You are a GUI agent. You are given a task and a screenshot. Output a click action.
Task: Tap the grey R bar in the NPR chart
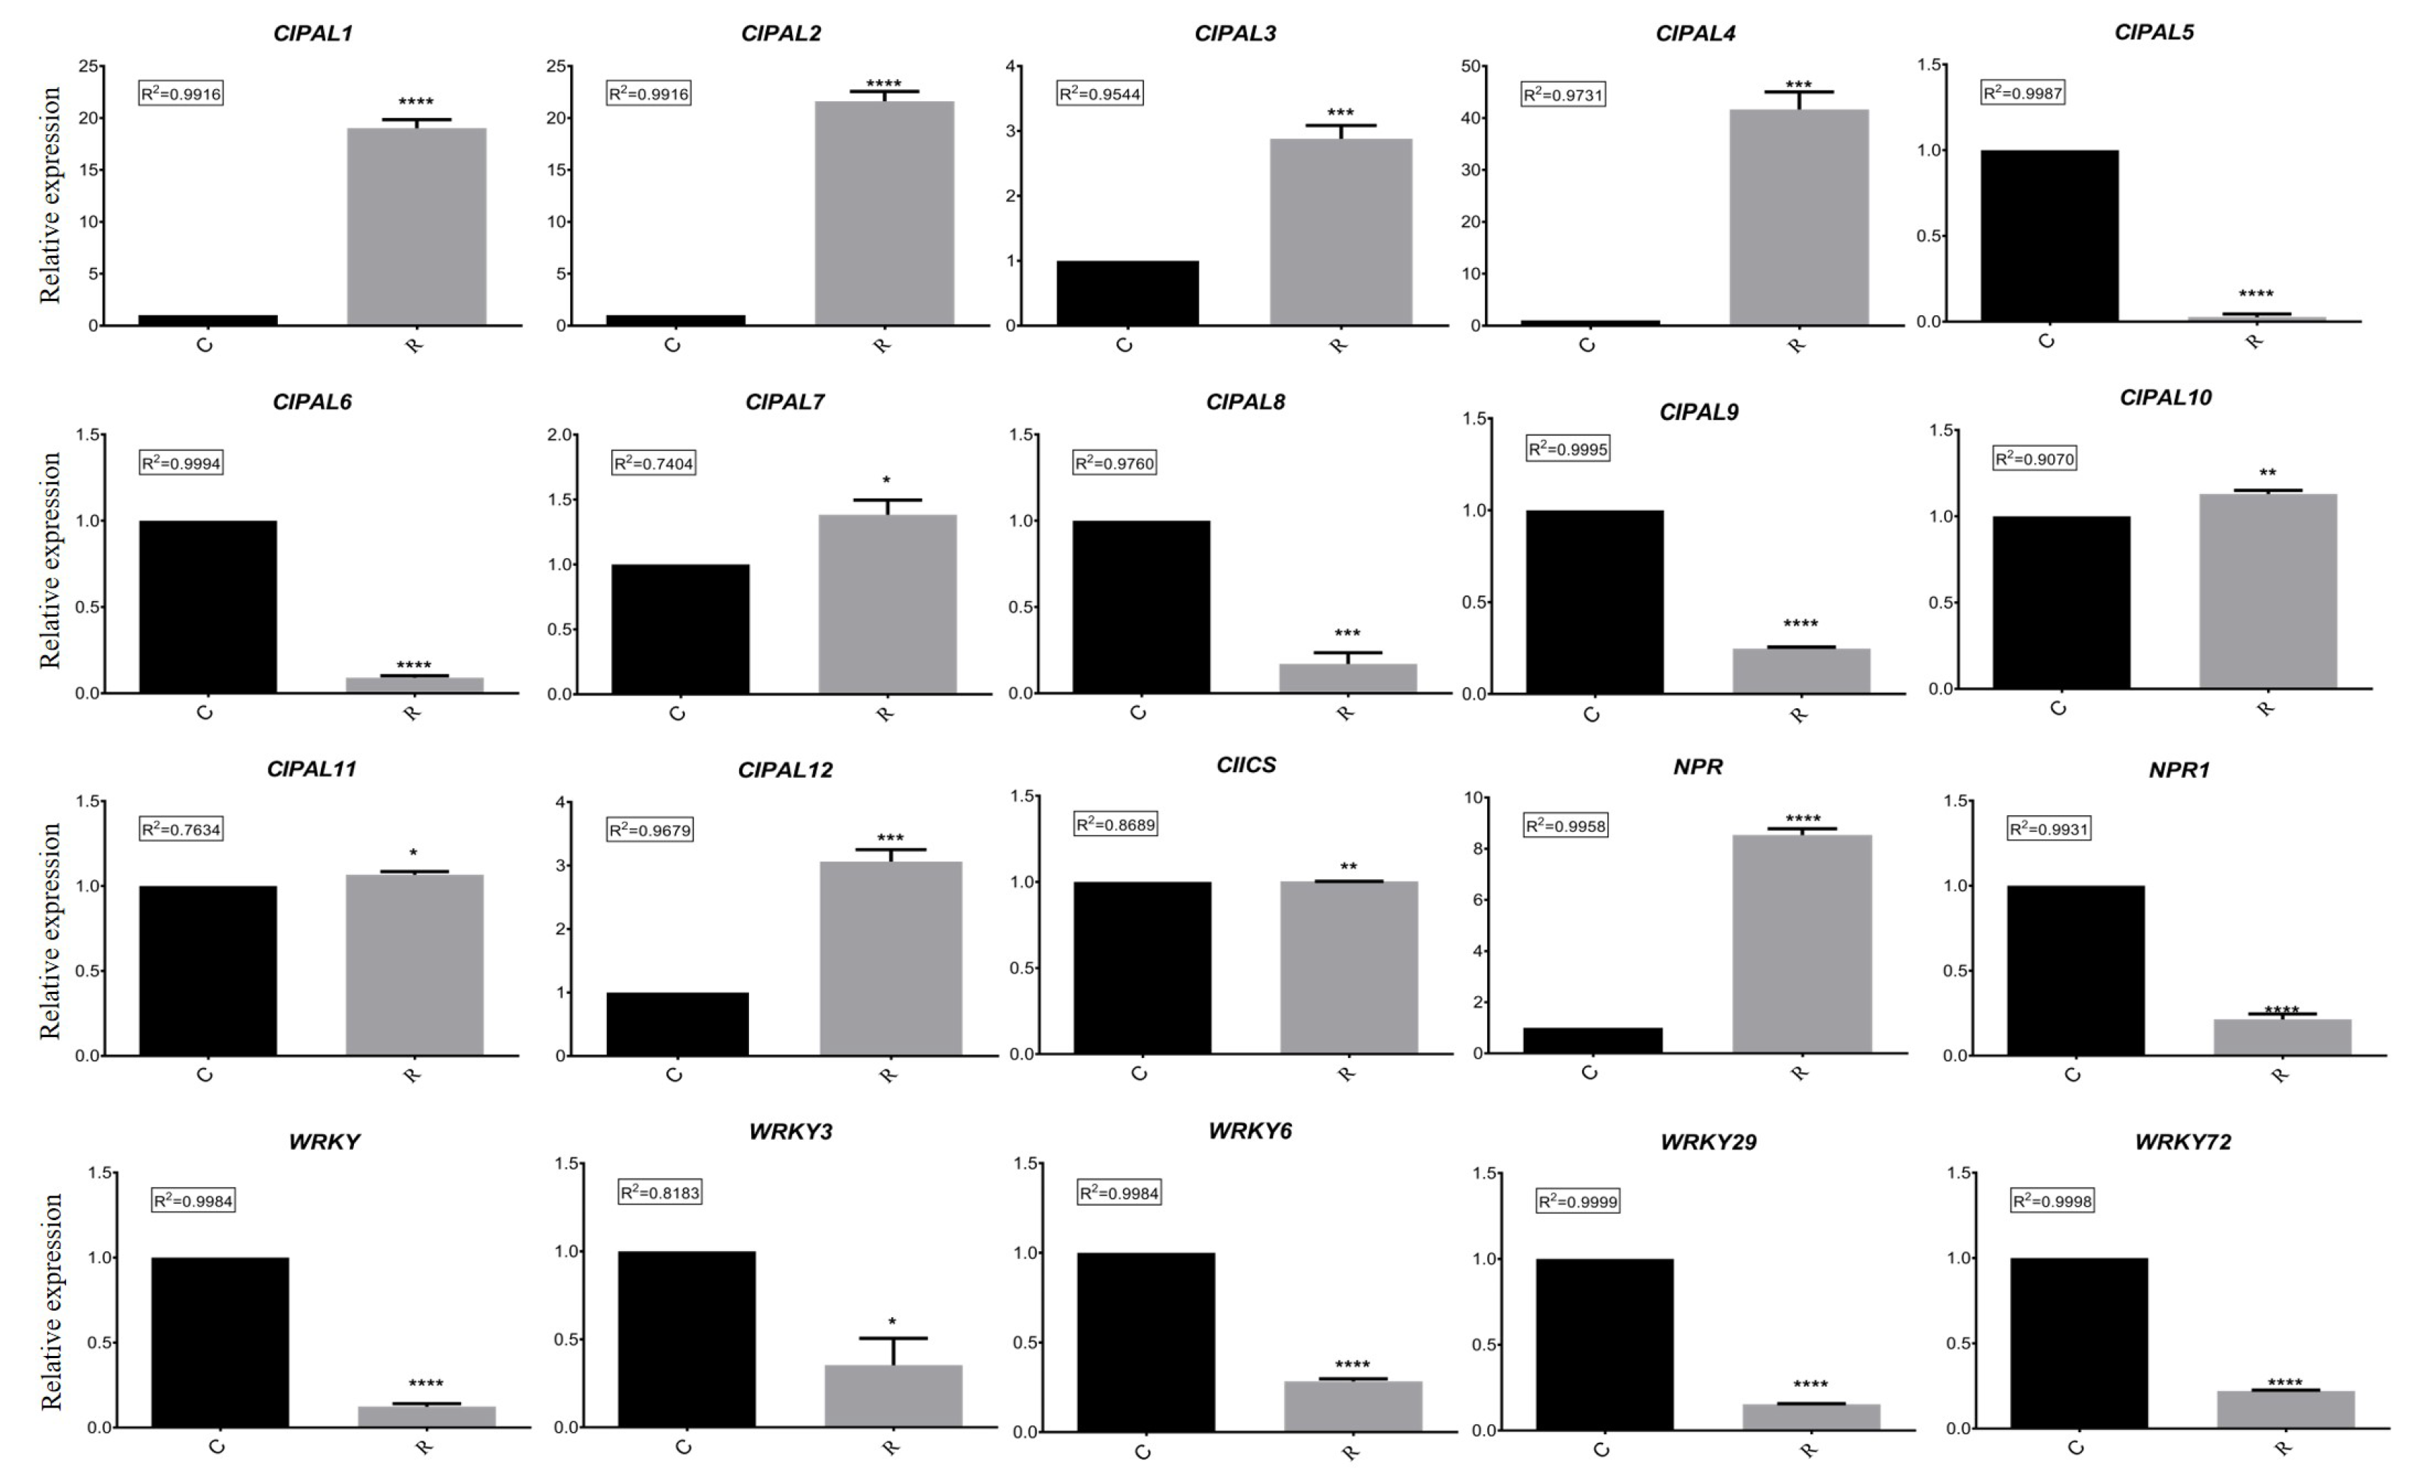point(1802,943)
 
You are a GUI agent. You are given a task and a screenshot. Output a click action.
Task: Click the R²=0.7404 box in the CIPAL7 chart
point(654,463)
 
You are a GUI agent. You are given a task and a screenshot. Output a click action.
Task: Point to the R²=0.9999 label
point(1578,1201)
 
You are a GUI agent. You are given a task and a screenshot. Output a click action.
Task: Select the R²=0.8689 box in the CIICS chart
point(1116,824)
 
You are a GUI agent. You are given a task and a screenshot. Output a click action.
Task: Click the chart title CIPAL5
point(2153,32)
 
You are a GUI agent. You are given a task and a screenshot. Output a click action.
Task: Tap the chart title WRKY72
point(2182,1141)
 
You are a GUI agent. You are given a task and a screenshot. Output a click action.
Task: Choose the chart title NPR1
point(2179,771)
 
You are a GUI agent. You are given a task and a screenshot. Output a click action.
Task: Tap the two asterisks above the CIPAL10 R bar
point(2267,473)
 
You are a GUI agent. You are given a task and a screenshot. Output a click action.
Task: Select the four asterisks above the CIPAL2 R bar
point(883,83)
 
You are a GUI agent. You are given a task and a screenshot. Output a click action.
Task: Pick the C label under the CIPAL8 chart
point(1138,712)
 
